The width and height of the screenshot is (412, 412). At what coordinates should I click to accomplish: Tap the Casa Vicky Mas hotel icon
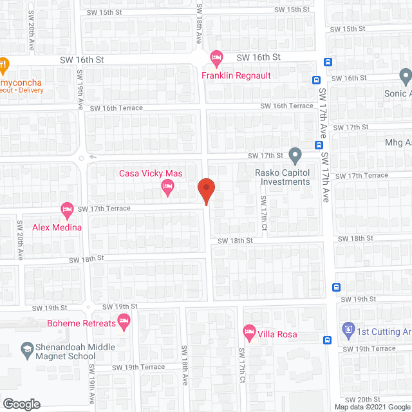(167, 187)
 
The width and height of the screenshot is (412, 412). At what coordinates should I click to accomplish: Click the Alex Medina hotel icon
(67, 209)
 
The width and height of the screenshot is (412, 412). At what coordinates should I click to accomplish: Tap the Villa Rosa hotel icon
(249, 333)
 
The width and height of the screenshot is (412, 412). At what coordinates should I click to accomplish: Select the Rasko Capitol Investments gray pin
(295, 155)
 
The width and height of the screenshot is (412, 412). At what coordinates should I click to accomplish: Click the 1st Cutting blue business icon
(348, 331)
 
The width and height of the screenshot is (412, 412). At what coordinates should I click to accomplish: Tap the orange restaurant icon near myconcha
(4, 65)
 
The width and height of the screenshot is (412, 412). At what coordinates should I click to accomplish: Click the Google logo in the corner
(21, 404)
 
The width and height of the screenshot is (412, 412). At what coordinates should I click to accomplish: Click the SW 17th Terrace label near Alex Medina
(104, 209)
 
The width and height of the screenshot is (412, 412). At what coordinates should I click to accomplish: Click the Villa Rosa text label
(277, 333)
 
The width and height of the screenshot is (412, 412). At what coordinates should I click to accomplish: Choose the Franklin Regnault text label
(236, 75)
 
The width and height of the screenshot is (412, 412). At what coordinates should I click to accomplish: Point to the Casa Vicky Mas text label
(151, 173)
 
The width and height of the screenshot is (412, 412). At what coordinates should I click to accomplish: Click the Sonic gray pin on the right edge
(405, 77)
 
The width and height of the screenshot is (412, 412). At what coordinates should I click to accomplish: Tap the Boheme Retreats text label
(81, 323)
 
